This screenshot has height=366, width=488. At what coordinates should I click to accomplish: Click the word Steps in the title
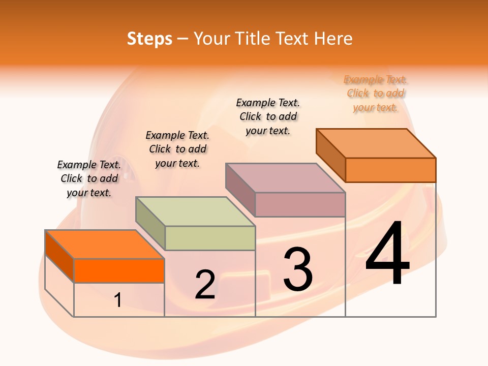coord(149,39)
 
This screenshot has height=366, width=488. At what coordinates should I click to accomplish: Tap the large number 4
coord(387,254)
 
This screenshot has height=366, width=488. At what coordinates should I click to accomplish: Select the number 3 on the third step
coord(298,269)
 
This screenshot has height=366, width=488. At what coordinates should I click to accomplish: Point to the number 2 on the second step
coord(205,284)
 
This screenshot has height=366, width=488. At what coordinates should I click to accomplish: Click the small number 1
coord(118,300)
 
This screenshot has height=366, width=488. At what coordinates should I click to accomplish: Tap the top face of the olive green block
coord(195,211)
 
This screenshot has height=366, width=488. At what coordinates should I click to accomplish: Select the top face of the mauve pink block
coord(285,178)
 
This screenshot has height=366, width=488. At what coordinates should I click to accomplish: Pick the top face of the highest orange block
coord(376,143)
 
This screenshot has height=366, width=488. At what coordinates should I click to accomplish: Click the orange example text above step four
coord(376,94)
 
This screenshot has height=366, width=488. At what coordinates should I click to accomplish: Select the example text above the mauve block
coord(268,116)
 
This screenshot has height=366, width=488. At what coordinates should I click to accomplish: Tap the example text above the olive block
coord(177,149)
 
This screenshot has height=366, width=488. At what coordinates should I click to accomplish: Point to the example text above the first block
coord(89,178)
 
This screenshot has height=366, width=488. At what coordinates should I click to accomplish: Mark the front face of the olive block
coord(210,238)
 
